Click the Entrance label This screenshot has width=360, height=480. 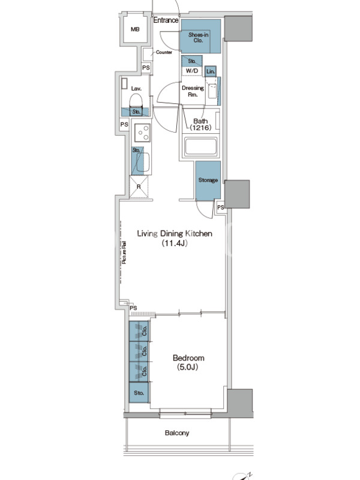click(166, 20)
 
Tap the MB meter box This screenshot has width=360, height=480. click(135, 29)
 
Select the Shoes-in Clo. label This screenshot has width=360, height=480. click(199, 37)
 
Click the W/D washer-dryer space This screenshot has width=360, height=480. click(192, 71)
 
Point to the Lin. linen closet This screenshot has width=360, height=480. click(211, 71)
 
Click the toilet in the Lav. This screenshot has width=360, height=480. click(136, 100)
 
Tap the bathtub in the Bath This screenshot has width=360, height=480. click(200, 146)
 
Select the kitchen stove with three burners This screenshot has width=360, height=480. click(142, 133)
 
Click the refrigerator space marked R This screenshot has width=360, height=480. click(139, 187)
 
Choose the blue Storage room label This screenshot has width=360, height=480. click(208, 180)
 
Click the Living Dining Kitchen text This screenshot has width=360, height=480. click(175, 233)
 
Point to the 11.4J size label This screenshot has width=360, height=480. click(175, 244)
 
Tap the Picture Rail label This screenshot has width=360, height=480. click(124, 253)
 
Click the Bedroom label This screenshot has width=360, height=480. click(188, 358)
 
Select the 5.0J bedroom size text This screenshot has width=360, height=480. click(188, 367)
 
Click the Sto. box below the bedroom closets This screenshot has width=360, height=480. click(139, 392)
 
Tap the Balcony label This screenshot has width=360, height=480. click(177, 433)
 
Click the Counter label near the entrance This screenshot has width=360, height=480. click(164, 52)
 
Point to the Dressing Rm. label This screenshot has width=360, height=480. click(193, 91)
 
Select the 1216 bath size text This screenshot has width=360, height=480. click(200, 128)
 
